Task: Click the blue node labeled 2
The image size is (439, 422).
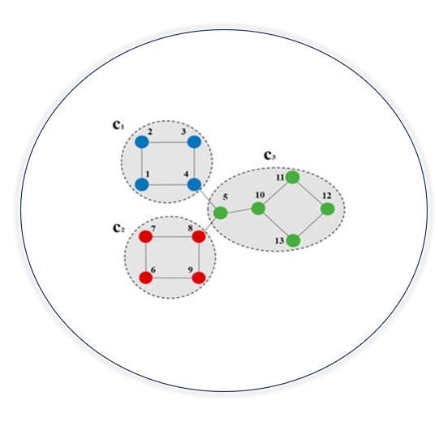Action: [x=142, y=142]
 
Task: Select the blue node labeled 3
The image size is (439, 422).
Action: [x=194, y=142]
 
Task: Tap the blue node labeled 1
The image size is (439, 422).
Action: [x=142, y=185]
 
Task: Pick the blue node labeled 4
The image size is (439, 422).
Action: [x=194, y=185]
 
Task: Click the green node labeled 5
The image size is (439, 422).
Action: [x=221, y=213]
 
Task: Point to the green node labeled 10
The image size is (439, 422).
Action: [x=258, y=209]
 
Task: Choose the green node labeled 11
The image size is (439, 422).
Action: [x=293, y=178]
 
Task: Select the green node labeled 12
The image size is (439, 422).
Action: [x=328, y=209]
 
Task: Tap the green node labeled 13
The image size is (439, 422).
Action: [x=294, y=240]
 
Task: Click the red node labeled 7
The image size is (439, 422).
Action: [x=146, y=237]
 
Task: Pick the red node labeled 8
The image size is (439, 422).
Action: [x=199, y=237]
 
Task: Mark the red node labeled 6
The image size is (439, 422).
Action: [x=146, y=278]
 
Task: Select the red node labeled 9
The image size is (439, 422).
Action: [x=199, y=278]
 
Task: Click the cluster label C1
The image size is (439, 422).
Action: [x=118, y=125]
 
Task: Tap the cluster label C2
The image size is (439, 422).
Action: [x=118, y=228]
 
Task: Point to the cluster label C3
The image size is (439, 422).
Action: [x=269, y=156]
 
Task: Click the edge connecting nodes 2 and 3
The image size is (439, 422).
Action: [x=168, y=142]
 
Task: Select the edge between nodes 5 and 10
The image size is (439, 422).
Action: [x=239, y=210]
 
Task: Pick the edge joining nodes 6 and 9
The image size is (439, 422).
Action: [x=173, y=278]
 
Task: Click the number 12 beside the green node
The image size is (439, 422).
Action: [x=327, y=196]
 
